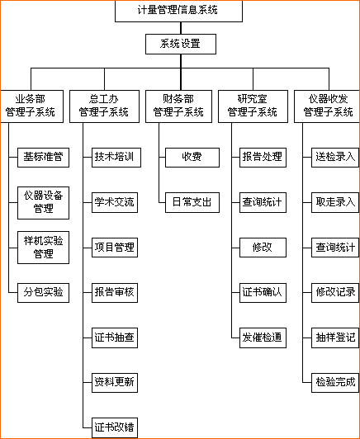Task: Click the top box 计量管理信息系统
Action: (x=178, y=11)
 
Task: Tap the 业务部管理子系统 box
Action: (x=31, y=105)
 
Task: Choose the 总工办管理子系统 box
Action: (x=103, y=105)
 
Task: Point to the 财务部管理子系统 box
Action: (x=178, y=105)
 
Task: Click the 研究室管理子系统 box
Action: (x=253, y=105)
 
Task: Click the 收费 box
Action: (x=191, y=156)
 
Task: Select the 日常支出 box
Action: (x=191, y=201)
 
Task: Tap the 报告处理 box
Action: (x=263, y=156)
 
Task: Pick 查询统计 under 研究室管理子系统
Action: (x=263, y=201)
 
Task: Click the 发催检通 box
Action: (x=263, y=337)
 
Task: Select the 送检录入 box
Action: (x=335, y=156)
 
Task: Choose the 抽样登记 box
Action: (x=335, y=337)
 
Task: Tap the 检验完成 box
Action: (x=335, y=381)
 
